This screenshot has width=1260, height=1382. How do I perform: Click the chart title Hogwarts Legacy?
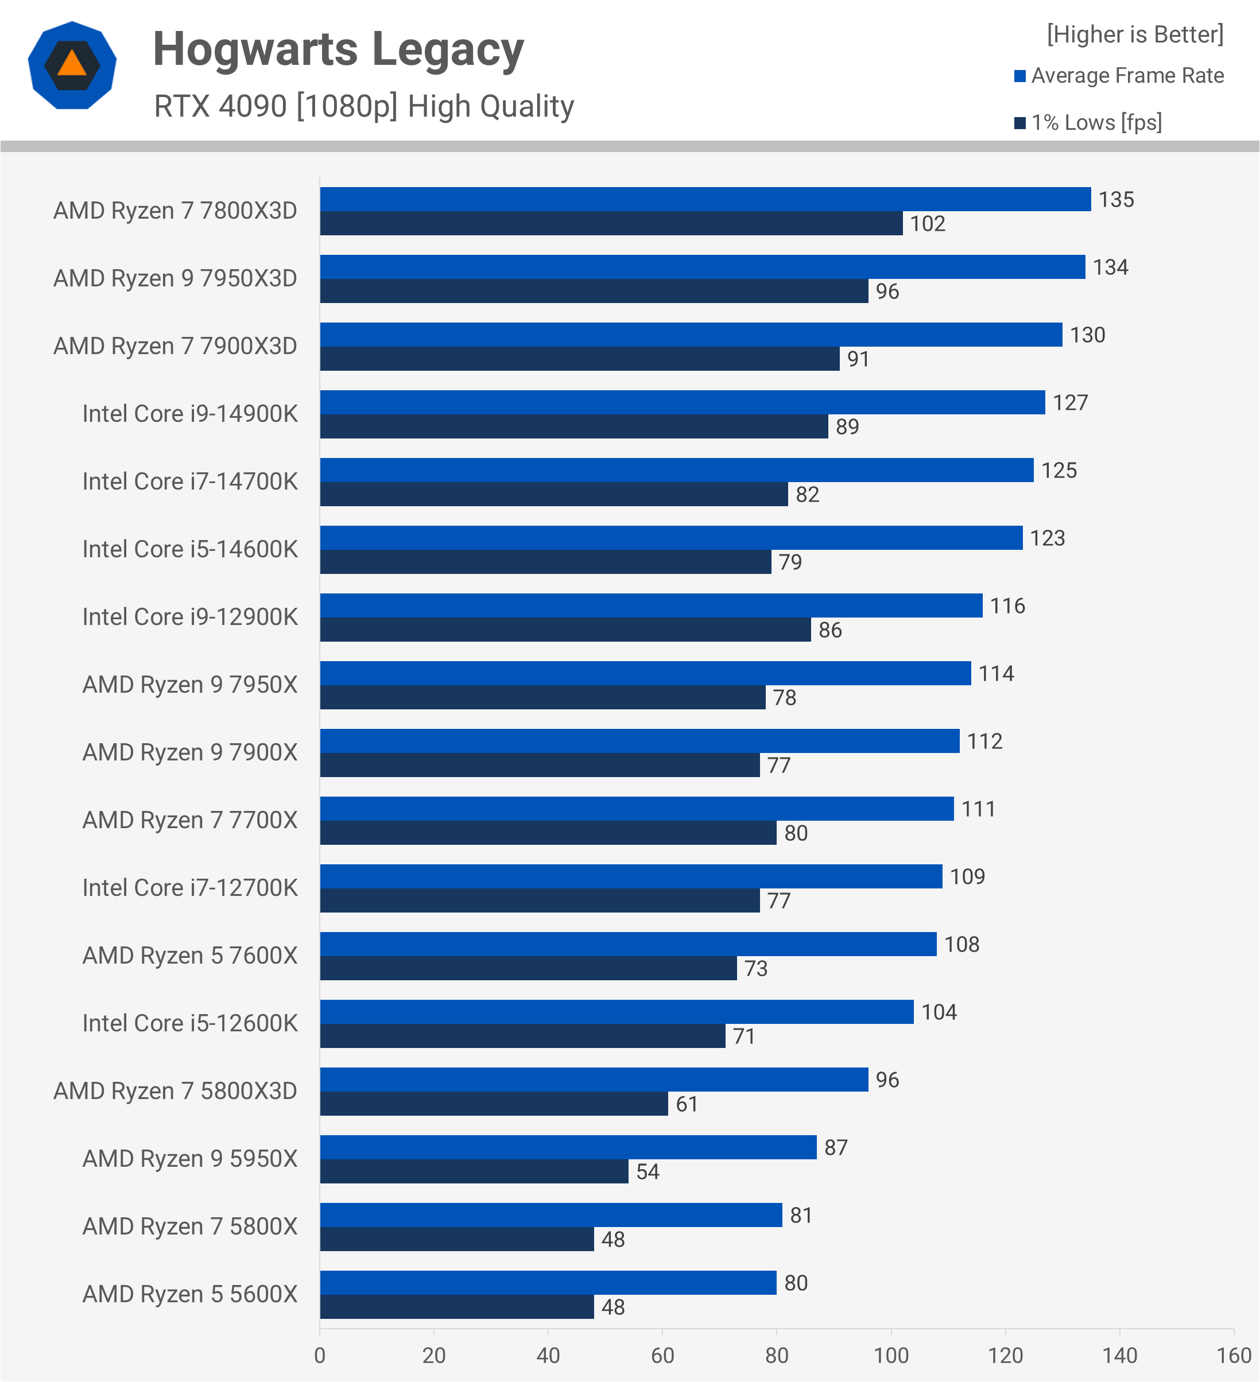tap(338, 49)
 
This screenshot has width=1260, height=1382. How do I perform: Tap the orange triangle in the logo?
tap(72, 64)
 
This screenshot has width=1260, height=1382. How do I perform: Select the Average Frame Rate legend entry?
tap(1119, 75)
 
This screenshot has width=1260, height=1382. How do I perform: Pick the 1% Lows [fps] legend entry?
tap(1088, 123)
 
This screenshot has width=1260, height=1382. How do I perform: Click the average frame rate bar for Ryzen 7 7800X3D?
tap(705, 199)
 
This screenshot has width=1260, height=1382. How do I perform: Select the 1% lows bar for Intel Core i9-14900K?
tap(574, 426)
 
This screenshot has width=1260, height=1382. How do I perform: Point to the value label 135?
tap(1116, 200)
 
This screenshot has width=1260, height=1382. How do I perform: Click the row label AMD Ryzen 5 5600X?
tap(190, 1294)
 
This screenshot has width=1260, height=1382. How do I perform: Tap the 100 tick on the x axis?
tap(890, 1355)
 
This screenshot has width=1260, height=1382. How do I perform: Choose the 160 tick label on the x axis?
tap(1233, 1355)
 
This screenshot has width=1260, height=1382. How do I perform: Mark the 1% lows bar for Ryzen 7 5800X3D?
tap(494, 1104)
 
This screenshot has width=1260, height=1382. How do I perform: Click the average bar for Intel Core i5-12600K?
tap(617, 1012)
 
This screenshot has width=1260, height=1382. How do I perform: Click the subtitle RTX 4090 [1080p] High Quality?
tap(363, 106)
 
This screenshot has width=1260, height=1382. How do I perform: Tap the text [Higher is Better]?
tap(1134, 34)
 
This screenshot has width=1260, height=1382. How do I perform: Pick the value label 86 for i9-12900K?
tap(829, 630)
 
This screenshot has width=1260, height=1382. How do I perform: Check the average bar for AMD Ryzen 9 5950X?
tap(568, 1147)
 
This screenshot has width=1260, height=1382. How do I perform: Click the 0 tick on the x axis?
tap(320, 1355)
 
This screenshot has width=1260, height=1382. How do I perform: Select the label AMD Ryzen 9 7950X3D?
tap(176, 278)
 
